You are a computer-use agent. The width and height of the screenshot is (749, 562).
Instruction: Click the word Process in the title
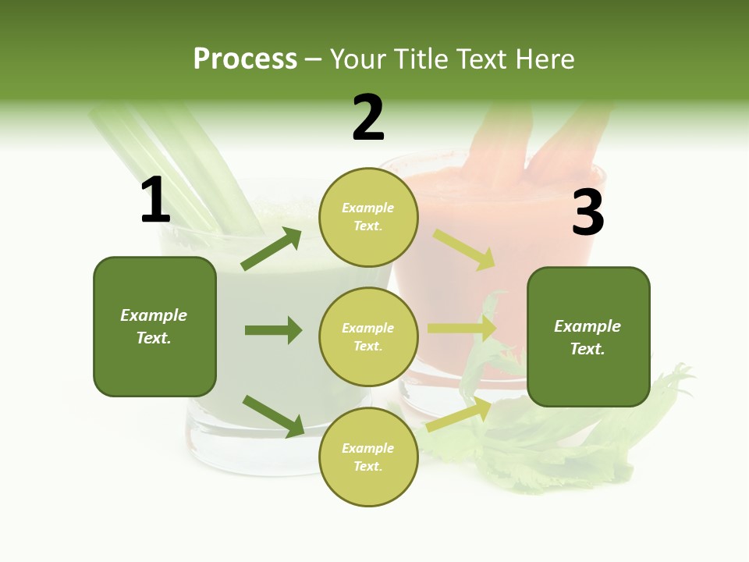point(245,59)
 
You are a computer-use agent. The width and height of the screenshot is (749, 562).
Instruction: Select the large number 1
point(155,201)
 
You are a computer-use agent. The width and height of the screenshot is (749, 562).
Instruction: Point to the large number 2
point(368,118)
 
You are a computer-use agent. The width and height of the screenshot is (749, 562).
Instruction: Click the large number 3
point(587,213)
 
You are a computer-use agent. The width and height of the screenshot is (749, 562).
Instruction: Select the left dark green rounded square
point(154,326)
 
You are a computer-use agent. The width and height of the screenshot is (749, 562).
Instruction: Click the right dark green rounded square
point(588,337)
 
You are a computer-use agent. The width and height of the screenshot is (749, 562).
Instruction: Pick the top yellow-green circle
point(368,217)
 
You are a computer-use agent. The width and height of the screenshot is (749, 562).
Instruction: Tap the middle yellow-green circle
point(368,336)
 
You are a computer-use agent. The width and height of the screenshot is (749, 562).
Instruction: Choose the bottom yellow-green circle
point(368,457)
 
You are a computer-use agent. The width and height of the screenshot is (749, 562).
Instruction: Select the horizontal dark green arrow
point(273,330)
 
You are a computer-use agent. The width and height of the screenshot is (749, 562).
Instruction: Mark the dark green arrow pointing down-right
point(273,416)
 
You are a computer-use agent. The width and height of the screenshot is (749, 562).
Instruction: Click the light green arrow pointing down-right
point(464,249)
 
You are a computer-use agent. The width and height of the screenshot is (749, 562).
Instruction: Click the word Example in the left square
point(154,315)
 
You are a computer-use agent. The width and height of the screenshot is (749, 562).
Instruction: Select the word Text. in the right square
point(587,349)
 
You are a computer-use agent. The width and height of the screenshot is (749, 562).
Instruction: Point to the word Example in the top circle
point(368,208)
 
